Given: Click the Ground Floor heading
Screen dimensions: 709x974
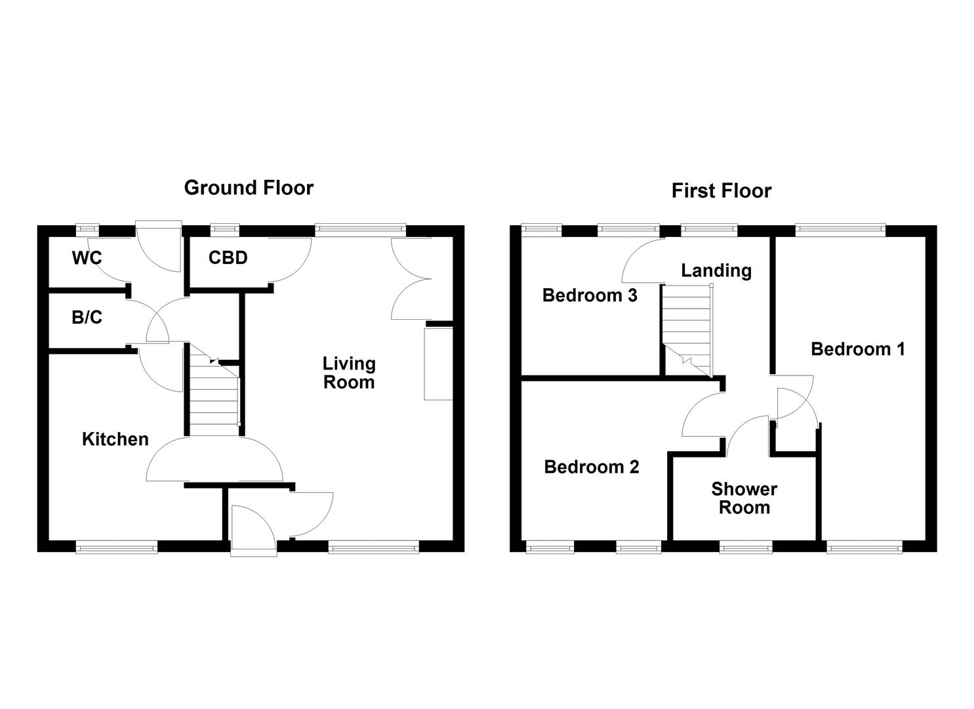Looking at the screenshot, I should [x=249, y=188].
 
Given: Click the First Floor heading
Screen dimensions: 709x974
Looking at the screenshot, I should [x=721, y=191].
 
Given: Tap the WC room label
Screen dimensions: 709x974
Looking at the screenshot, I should [x=87, y=258].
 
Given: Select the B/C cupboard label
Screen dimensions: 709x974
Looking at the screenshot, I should [x=87, y=318].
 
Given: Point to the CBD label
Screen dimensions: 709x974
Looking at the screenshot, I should [x=228, y=258].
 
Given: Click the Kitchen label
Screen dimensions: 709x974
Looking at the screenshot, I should [x=115, y=439].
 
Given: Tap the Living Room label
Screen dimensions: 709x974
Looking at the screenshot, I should [x=348, y=373].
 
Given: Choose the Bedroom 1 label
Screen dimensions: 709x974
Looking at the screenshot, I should [x=857, y=349].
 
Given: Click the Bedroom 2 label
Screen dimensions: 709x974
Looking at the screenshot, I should [x=591, y=467].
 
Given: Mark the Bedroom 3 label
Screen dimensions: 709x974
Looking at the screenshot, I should [x=589, y=295].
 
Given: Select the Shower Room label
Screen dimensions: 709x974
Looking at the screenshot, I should [x=744, y=498].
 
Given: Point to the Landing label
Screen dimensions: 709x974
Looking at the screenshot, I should [x=716, y=270].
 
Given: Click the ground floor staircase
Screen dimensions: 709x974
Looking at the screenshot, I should [x=213, y=394].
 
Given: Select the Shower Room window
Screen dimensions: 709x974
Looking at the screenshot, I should [x=746, y=546].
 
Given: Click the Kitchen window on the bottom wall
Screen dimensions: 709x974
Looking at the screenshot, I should [x=117, y=546].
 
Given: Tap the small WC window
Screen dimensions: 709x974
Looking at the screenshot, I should [x=87, y=229].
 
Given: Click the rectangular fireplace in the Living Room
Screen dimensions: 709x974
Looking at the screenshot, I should [x=438, y=364].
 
